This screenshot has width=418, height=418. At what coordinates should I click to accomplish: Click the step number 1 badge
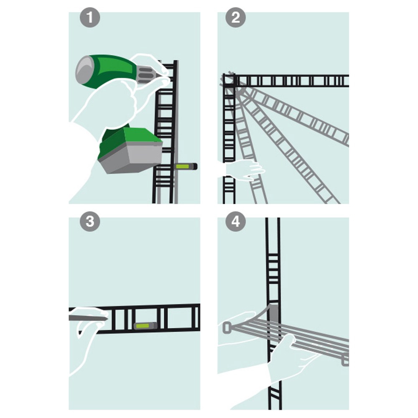[90, 17]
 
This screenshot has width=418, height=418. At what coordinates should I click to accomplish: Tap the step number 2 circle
[235, 17]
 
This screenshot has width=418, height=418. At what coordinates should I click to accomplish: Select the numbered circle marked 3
[90, 221]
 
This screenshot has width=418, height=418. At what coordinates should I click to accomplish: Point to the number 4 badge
[235, 221]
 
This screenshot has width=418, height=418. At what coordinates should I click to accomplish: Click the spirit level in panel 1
[186, 166]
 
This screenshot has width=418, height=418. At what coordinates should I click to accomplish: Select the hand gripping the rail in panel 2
[244, 169]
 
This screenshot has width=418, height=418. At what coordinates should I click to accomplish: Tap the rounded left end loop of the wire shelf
[227, 328]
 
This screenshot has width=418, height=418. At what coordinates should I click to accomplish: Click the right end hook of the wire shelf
[345, 360]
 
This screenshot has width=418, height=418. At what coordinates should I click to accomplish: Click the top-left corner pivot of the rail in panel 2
[229, 80]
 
